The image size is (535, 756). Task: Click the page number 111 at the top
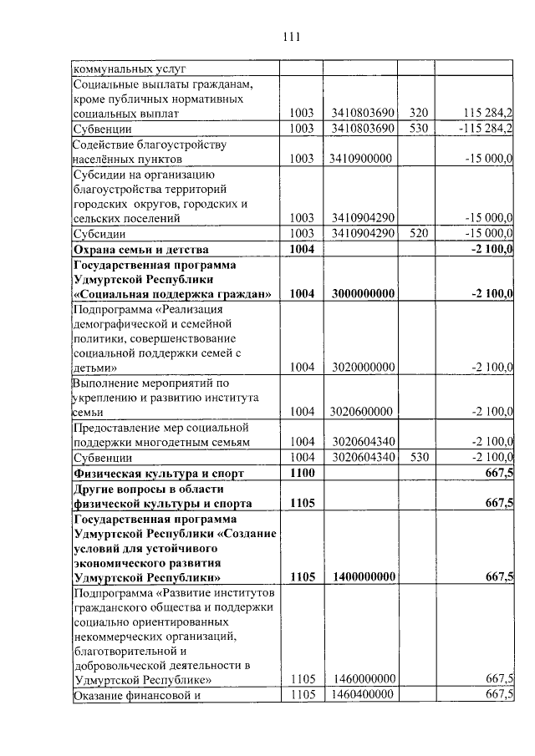[x=291, y=37]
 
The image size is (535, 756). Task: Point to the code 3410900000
[x=360, y=158]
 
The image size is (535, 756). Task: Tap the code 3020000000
[x=360, y=367]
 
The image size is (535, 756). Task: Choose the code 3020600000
[x=360, y=411]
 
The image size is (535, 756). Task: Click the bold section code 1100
[x=301, y=473]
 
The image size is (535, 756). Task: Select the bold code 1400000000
[x=362, y=576]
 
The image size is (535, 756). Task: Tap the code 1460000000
[x=362, y=678]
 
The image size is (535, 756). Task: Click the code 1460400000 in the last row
[x=362, y=694]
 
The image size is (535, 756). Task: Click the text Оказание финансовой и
[x=139, y=695]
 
